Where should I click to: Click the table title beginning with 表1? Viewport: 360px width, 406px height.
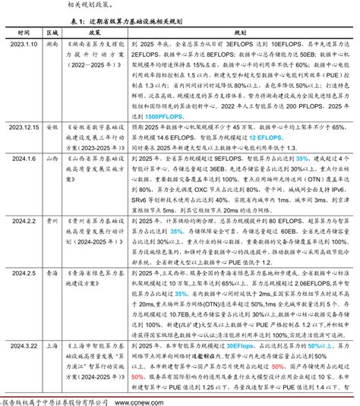point(179,21)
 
